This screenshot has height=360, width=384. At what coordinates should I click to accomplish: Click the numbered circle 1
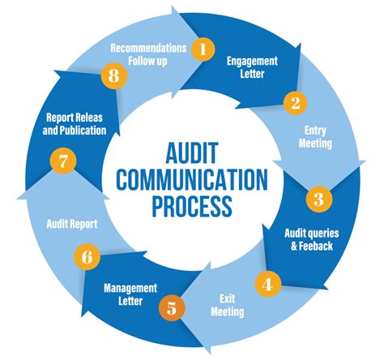coord(203,49)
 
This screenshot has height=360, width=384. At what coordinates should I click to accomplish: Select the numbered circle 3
coord(318,198)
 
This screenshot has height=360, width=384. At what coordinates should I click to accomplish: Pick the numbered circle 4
coord(267,283)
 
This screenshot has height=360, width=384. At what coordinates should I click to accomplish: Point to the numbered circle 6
coord(87,258)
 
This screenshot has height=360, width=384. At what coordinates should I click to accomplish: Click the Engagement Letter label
coord(252,67)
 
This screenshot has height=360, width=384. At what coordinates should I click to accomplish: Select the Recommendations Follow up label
coord(148,53)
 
